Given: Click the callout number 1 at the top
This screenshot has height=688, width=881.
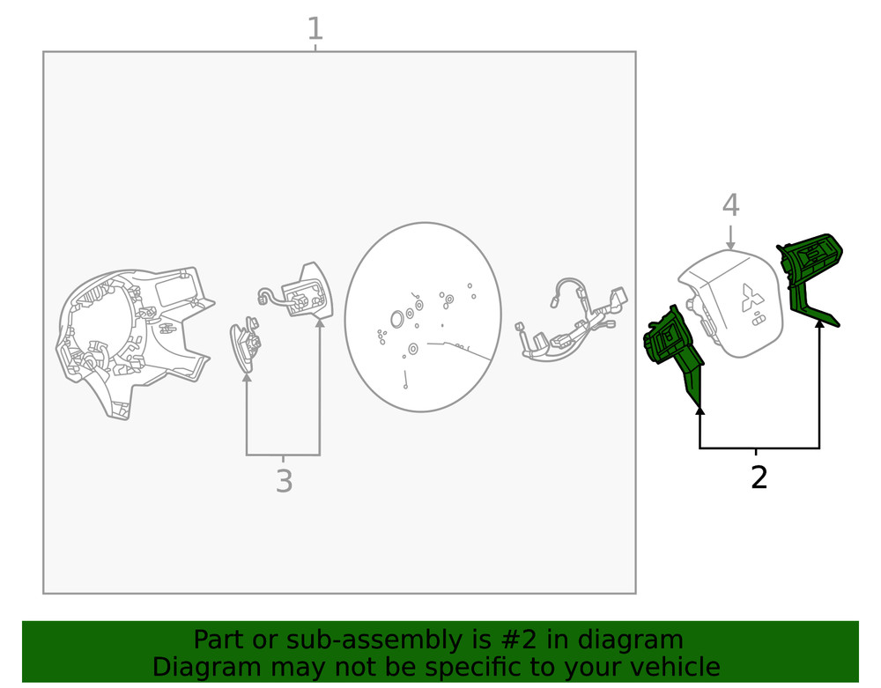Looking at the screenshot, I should point(315,29).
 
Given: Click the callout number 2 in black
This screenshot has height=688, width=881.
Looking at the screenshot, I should point(759,477).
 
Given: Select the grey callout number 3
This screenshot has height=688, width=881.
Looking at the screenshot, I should point(284,482).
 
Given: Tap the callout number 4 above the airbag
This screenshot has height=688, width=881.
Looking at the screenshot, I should point(730,205).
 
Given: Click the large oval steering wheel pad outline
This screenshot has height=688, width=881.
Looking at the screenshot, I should point(423,317).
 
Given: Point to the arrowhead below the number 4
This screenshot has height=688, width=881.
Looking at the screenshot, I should point(730,244).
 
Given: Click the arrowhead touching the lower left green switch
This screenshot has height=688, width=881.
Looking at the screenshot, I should point(700,408).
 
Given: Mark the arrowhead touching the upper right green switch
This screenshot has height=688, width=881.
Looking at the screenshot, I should point(819,323).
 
